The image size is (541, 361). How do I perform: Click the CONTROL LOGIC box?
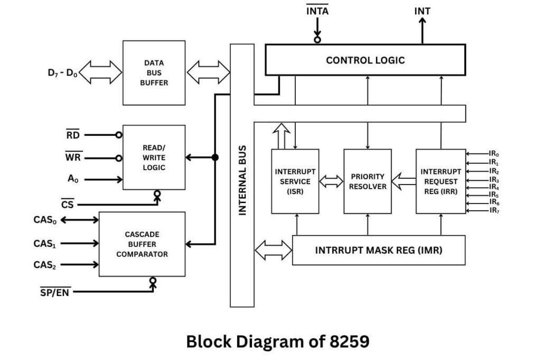pos(365,60)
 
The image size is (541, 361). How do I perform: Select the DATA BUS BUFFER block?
pos(154,73)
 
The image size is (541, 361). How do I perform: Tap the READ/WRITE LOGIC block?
pos(154,158)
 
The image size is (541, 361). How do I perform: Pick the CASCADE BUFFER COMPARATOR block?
pos(142,244)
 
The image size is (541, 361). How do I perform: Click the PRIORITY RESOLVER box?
pos(368,181)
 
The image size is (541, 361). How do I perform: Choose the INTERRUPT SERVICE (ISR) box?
pos(295,181)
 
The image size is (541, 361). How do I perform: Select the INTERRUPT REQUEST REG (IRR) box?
pos(441,181)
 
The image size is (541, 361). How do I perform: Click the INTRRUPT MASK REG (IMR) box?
pos(378,250)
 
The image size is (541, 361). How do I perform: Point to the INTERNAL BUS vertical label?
pos(242,180)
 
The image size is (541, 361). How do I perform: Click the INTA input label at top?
pos(317,11)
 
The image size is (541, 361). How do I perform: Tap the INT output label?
pos(422,11)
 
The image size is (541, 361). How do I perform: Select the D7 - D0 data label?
pos(62,73)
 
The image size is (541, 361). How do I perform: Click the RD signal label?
pos(72,135)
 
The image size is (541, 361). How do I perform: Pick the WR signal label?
pos(73,158)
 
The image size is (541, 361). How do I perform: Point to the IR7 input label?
pos(493,211)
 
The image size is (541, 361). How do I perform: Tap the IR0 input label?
pos(493,154)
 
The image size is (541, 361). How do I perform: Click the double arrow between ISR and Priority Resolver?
pos(331,182)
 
